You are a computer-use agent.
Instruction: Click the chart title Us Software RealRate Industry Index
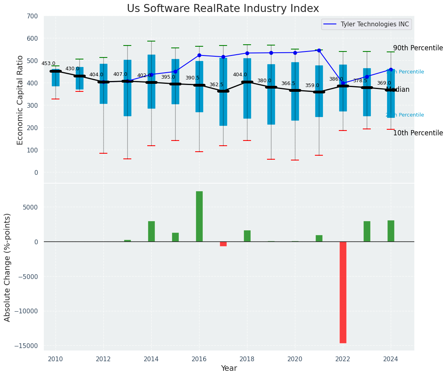(x=223, y=9)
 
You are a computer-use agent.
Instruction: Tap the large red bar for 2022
(x=343, y=292)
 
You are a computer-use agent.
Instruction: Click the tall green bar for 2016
(x=199, y=216)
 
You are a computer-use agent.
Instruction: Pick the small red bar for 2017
(x=223, y=244)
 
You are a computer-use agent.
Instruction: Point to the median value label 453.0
(x=48, y=63)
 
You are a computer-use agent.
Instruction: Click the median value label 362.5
(x=216, y=85)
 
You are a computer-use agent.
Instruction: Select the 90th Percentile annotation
(x=418, y=48)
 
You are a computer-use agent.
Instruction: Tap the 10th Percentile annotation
(x=418, y=133)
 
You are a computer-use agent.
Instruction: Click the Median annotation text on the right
(x=398, y=90)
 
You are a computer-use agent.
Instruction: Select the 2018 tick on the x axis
(x=247, y=359)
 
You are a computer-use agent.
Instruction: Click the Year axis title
(x=229, y=368)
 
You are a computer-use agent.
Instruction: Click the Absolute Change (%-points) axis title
(x=8, y=267)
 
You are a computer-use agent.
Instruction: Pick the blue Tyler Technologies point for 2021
(x=319, y=51)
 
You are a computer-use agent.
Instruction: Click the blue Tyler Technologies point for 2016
(x=199, y=55)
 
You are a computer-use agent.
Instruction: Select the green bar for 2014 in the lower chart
(x=151, y=232)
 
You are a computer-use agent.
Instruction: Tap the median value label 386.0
(x=336, y=79)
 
